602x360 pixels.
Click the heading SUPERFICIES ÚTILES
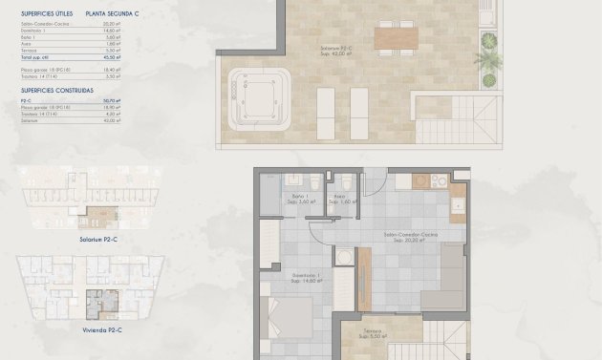[41, 14]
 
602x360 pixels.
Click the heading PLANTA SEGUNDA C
[111, 14]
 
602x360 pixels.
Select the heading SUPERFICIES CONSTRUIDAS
[56, 90]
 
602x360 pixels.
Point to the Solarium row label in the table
[31, 120]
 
